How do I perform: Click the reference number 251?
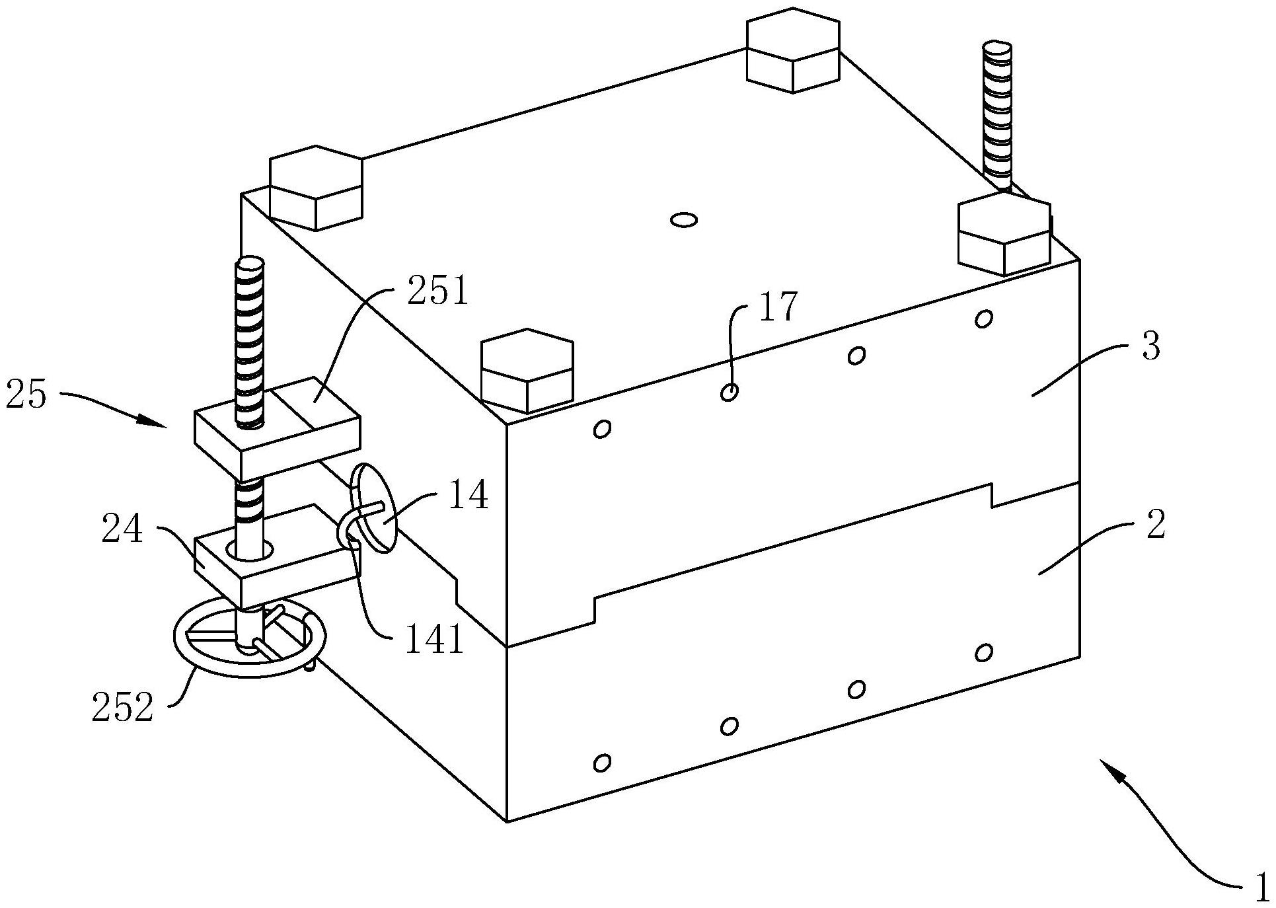tap(437, 291)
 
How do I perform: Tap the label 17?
tap(778, 307)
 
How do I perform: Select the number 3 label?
tap(1150, 347)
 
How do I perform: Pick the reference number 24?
tap(122, 530)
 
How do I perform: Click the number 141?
tap(433, 639)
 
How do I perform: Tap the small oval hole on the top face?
tap(683, 219)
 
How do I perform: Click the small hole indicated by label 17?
tap(729, 393)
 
